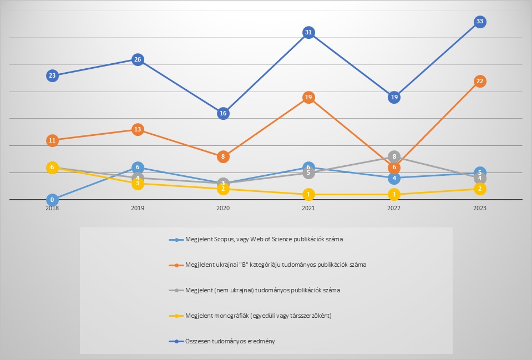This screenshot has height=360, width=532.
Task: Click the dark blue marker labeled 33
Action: pos(480,22)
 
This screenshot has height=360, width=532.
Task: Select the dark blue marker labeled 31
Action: pos(308,32)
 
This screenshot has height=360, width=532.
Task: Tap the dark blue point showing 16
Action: pos(223,113)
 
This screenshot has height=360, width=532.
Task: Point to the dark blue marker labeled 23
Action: pos(52,75)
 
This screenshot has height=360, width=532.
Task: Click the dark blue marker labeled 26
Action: pos(138,59)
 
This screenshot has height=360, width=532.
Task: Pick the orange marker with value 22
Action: pos(480,81)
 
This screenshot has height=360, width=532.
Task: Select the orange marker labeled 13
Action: pos(138,129)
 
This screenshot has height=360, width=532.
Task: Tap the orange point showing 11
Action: pos(52,140)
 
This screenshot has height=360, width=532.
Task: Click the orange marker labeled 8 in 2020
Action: pos(223,156)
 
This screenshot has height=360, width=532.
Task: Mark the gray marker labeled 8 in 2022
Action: pos(394,156)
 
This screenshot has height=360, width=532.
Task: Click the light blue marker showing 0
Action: pos(52,200)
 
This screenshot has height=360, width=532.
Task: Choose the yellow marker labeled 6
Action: pos(52,167)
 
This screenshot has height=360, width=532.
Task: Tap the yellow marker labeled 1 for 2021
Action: pos(308,194)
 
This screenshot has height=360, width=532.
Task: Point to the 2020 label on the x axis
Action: pos(223,208)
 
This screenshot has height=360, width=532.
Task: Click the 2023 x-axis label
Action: pos(480,208)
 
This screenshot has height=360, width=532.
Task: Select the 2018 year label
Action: pos(52,208)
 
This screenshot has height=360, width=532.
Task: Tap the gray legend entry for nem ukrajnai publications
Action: pos(261,290)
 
